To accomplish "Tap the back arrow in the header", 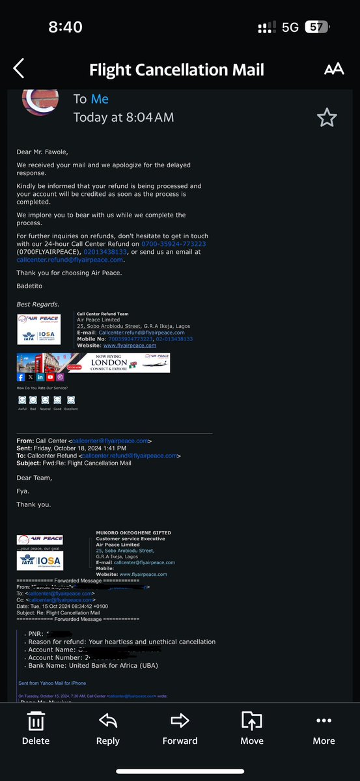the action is (19, 68).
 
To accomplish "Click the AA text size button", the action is (333, 69).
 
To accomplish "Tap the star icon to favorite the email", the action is (326, 118).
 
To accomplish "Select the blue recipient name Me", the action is (100, 99).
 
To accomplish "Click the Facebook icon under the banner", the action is (21, 377).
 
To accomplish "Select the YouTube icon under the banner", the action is (50, 377).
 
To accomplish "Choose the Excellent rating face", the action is (71, 400).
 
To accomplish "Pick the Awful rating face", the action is (22, 400).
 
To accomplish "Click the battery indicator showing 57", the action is (316, 27).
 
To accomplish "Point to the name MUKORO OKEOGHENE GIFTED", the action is (128, 533).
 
